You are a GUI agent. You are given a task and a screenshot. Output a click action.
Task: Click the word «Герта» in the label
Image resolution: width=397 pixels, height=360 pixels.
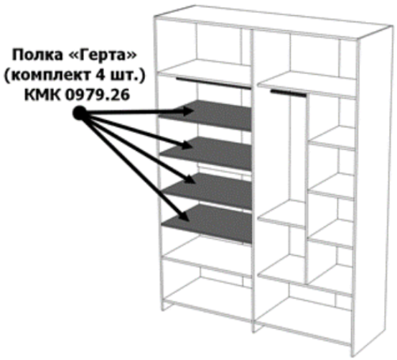click(103, 55)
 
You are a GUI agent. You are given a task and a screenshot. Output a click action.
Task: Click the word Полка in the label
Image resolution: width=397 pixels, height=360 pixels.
click(37, 55)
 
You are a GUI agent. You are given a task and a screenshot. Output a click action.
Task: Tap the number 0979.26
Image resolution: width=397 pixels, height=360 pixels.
click(98, 95)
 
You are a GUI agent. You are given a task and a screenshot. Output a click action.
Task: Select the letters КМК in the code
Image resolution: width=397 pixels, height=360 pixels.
click(43, 95)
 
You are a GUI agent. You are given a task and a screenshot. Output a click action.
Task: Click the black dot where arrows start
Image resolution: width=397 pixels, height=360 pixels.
click(80, 113)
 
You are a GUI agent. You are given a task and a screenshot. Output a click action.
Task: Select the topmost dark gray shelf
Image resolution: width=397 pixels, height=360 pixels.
click(205, 115)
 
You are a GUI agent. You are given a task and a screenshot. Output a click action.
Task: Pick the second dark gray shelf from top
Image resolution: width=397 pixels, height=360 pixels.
click(207, 153)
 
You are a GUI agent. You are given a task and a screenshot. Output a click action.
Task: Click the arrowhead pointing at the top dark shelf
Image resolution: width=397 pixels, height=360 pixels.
click(187, 111)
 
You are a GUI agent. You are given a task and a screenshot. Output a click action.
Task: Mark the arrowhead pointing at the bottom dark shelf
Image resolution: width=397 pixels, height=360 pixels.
click(184, 216)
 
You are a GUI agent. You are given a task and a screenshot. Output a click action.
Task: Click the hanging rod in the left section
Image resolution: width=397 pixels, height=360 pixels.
click(214, 83)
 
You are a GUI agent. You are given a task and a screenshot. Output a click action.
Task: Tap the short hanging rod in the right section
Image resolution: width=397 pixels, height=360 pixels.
click(289, 93)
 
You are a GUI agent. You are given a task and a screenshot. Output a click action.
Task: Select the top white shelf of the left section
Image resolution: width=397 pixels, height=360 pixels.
click(205, 73)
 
